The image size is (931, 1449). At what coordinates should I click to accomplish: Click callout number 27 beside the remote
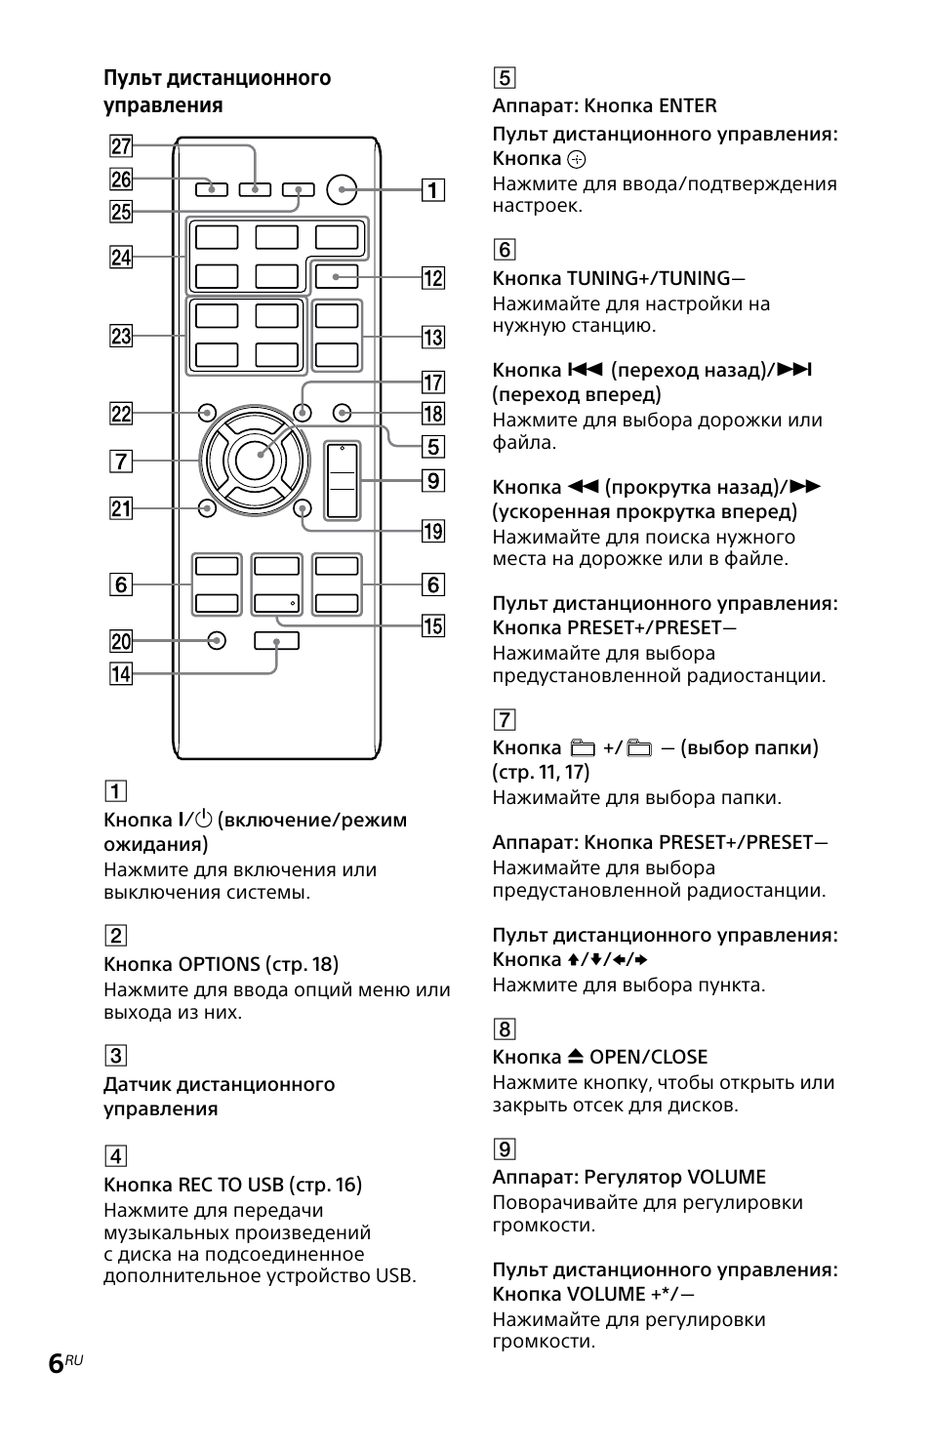coord(121,146)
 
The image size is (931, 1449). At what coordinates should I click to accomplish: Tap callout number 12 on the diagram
coord(432,278)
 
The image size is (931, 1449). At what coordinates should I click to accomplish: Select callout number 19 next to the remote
coord(432,531)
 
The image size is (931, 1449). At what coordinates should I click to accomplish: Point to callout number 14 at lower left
coord(121,673)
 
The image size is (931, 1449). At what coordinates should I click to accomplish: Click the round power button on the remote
coord(342,189)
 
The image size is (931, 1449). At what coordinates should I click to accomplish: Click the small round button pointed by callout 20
coord(217,641)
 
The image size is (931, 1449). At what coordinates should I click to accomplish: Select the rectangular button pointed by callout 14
coord(276,641)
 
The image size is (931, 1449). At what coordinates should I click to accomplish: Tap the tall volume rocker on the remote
coord(342,480)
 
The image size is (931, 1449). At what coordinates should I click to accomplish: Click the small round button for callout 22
coord(206,413)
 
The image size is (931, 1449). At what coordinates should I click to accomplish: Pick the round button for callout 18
coord(341,413)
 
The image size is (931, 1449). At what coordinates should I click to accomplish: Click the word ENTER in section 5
coord(687,105)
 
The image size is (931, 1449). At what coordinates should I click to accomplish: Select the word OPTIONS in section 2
coord(219,964)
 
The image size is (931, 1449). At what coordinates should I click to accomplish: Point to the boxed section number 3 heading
coord(115,1056)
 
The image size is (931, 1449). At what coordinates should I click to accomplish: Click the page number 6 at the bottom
coord(57,1363)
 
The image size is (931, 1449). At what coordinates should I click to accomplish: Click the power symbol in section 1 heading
coord(203,820)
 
